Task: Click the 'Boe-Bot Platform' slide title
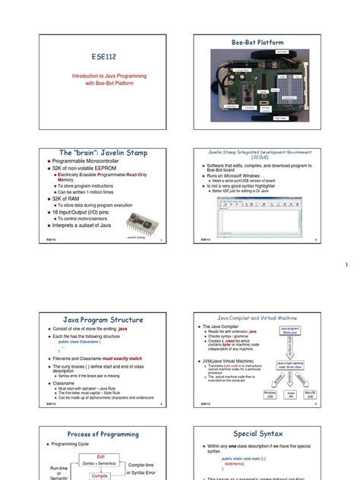(x=261, y=43)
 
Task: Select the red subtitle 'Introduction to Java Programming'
(x=110, y=77)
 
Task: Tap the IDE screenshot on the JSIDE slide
(x=259, y=215)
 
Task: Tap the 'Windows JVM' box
(x=270, y=393)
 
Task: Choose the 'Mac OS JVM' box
(x=310, y=393)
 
